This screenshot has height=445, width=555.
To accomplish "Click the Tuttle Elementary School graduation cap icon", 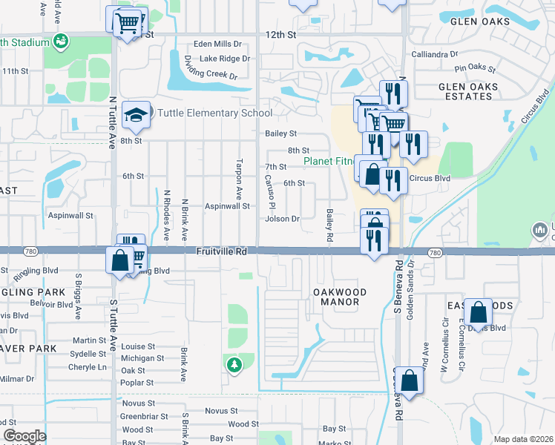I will [137, 113].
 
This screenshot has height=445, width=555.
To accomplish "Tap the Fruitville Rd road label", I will [221, 252].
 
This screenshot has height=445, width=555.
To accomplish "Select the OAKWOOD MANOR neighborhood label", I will [339, 297].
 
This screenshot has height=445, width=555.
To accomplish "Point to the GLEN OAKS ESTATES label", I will [467, 91].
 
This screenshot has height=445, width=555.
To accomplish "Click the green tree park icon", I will [234, 364].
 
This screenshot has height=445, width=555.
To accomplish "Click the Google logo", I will [25, 437].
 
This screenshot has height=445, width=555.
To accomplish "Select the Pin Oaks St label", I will [475, 68].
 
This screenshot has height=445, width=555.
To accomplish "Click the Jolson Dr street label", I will [282, 219].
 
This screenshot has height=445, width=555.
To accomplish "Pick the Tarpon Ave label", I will [239, 179].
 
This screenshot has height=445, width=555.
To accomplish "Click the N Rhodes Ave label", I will [167, 215].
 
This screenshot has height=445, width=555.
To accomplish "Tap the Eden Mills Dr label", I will [218, 44].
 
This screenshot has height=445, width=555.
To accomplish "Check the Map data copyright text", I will [522, 439].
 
